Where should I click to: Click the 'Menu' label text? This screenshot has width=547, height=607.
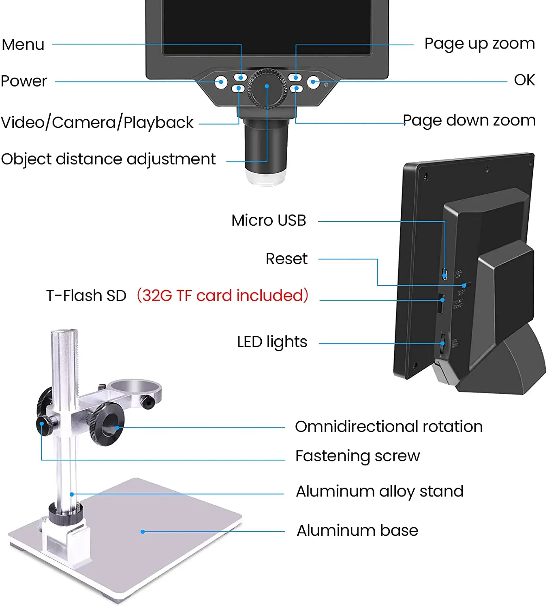pos(23,45)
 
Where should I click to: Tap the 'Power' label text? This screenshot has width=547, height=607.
pos(24,81)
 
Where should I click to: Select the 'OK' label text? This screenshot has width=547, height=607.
pos(524,80)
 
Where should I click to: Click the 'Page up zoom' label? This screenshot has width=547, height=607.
pos(479,44)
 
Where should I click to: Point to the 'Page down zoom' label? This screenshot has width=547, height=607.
pos(469,121)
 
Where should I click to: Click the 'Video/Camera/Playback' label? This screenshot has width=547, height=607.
pos(97,123)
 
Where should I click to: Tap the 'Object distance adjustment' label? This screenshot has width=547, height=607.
pos(108,159)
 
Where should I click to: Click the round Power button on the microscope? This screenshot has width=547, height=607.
pos(221,82)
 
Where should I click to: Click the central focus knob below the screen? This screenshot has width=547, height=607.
pos(267,88)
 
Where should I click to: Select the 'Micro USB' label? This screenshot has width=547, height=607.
pos(269,221)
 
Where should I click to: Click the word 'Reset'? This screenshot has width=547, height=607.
pos(286,259)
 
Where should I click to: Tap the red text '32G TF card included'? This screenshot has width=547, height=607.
pos(222,296)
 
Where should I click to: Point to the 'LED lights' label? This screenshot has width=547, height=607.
pos(272,342)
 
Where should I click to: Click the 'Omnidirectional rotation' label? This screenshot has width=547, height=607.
pos(389,427)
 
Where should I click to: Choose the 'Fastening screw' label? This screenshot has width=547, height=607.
pos(357,456)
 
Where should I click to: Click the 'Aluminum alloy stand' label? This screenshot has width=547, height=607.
pos(380,492)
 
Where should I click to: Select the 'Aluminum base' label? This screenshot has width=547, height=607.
pos(357,531)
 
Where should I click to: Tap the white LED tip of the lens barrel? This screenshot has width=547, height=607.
pos(266,177)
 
